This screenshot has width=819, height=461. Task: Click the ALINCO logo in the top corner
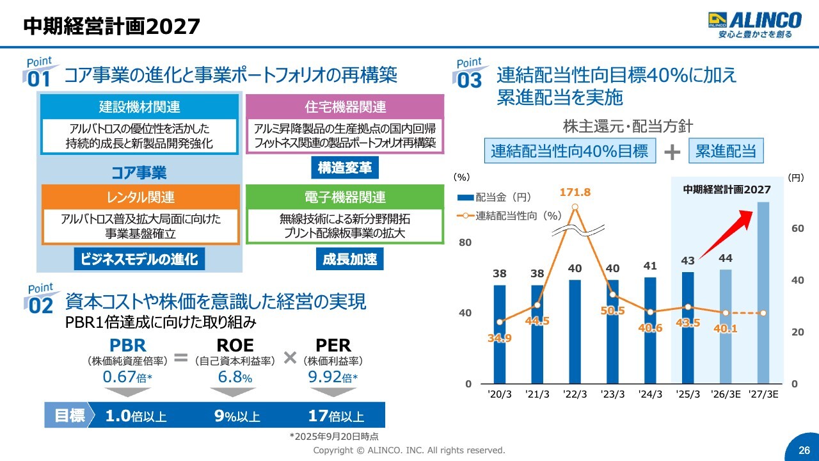click(x=754, y=24)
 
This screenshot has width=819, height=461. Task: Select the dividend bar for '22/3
click(x=575, y=331)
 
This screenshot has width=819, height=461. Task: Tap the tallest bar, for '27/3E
click(x=763, y=293)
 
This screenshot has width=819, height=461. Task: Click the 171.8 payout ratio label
click(x=575, y=192)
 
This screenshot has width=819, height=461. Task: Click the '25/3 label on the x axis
click(x=688, y=394)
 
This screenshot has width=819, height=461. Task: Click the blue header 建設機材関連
click(x=139, y=107)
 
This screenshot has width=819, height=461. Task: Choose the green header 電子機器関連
click(x=345, y=197)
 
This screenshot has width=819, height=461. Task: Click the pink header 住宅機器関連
click(x=345, y=107)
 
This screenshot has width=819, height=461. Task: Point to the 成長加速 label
click(x=349, y=259)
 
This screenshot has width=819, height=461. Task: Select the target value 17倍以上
click(x=336, y=416)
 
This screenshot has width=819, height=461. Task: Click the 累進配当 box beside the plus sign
click(x=726, y=151)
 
